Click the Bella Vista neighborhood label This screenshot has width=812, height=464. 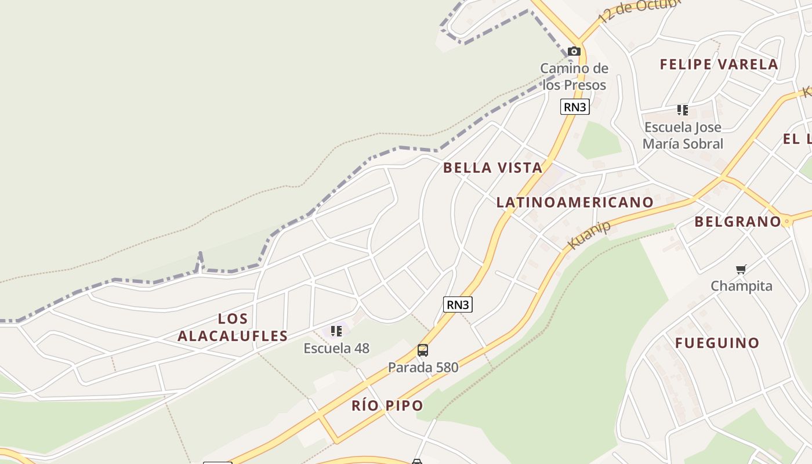click(492, 168)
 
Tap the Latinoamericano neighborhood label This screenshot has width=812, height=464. click(575, 202)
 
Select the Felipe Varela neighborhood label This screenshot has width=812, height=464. click(719, 64)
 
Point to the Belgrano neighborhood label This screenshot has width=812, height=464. click(738, 222)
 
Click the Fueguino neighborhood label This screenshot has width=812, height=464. click(717, 343)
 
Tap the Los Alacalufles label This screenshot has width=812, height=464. click(233, 327)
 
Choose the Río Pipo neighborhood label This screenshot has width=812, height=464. click(387, 405)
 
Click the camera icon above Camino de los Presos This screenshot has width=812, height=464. click(574, 51)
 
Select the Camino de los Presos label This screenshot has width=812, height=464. click(574, 77)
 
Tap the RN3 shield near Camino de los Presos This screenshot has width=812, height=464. click(575, 107)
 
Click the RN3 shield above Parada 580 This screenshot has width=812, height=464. click(458, 304)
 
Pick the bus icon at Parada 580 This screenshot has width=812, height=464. click(423, 350)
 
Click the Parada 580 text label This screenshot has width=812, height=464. click(423, 367)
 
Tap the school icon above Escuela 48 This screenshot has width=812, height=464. click(336, 331)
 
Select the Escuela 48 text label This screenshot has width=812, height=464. click(336, 348)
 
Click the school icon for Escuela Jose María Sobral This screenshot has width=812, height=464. click(683, 110)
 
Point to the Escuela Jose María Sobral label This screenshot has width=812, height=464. click(683, 135)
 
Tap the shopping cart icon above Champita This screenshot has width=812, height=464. click(741, 269)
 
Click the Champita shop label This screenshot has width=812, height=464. click(741, 286)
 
